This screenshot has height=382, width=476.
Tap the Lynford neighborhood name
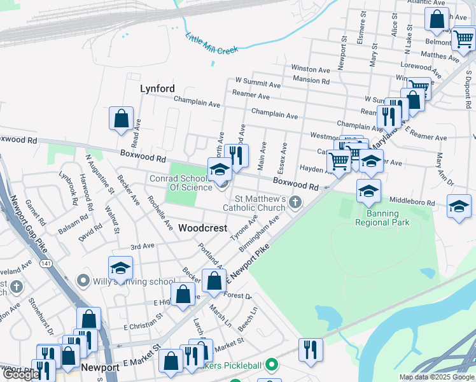pyautogui.click(x=157, y=89)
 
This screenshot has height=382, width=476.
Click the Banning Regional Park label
pyautogui.click(x=382, y=218)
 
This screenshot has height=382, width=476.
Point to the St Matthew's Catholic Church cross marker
pyautogui.click(x=295, y=202)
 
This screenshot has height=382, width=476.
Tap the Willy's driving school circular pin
pyautogui.click(x=83, y=281)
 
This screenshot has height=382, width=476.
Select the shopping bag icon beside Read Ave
pyautogui.click(x=121, y=118)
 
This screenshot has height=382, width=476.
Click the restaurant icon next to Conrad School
pyautogui.click(x=237, y=155)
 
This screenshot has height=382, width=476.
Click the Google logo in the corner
pyautogui.click(x=20, y=374)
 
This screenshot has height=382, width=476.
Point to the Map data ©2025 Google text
pyautogui.click(x=436, y=377)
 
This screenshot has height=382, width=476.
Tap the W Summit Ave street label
pyautogui.click(x=258, y=83)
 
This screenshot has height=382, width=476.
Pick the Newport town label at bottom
pyautogui.click(x=100, y=368)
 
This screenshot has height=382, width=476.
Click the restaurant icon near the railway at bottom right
pyautogui.click(x=311, y=349)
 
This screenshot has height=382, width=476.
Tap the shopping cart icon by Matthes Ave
pyautogui.click(x=463, y=39)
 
